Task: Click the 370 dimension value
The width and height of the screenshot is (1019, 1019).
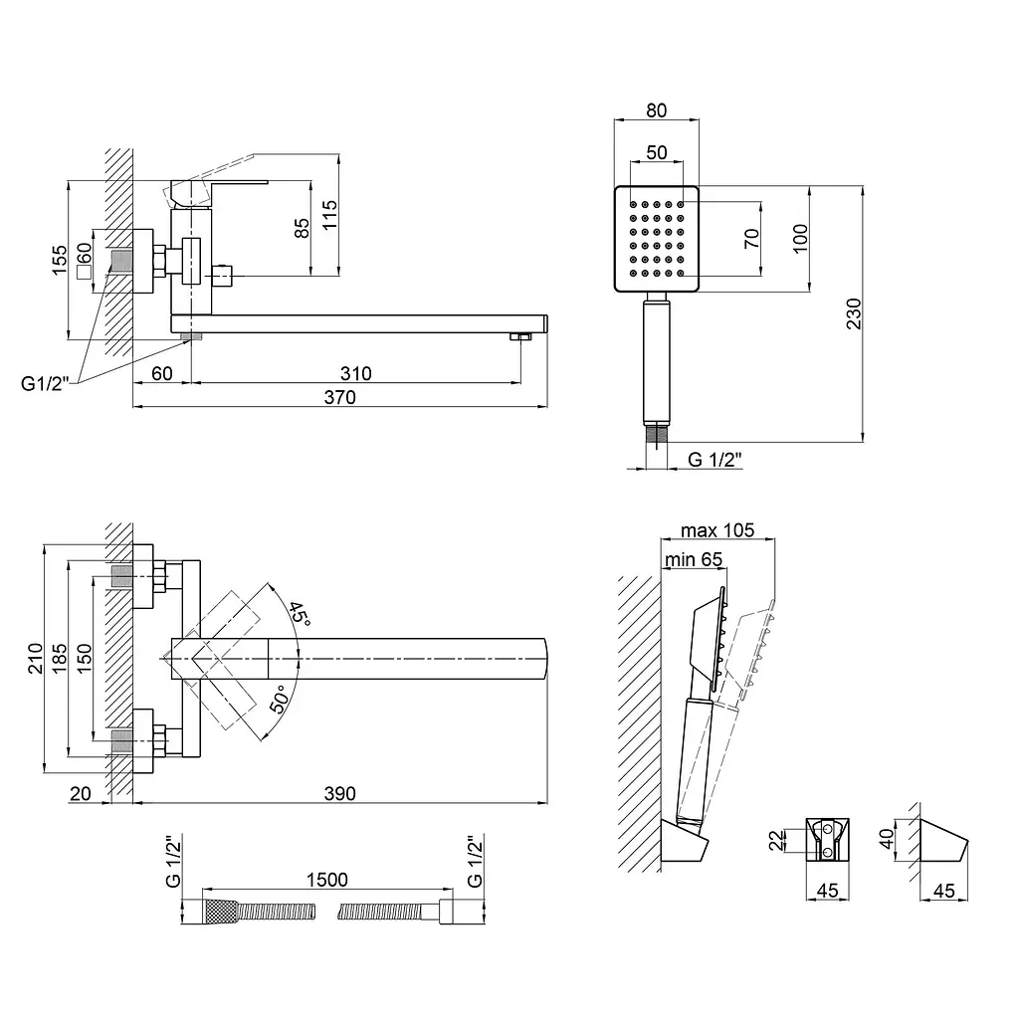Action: click(x=340, y=397)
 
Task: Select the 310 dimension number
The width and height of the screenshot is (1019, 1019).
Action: click(x=355, y=374)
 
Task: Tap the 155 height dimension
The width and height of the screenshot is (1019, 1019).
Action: click(x=59, y=260)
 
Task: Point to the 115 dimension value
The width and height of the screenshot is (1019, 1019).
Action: click(x=329, y=215)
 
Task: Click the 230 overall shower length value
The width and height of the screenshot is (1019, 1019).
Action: click(x=853, y=313)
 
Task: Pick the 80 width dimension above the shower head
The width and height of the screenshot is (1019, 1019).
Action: click(x=657, y=110)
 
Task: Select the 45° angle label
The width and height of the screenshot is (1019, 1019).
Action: click(x=300, y=614)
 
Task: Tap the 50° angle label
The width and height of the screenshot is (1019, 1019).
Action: click(x=280, y=700)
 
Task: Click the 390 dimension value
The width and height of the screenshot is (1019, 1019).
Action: click(x=340, y=793)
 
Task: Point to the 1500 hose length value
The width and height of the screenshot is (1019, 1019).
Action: click(x=326, y=880)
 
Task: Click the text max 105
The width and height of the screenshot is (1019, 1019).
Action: click(x=717, y=530)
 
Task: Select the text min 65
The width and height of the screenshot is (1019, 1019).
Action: click(x=693, y=559)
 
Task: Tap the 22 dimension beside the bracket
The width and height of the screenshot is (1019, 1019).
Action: click(x=777, y=840)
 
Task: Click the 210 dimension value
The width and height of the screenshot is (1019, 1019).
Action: click(x=35, y=658)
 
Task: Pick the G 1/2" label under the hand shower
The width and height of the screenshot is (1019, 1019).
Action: click(x=714, y=460)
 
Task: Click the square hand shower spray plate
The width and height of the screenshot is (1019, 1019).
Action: click(x=657, y=239)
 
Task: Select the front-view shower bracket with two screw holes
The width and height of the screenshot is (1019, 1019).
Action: click(x=827, y=840)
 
